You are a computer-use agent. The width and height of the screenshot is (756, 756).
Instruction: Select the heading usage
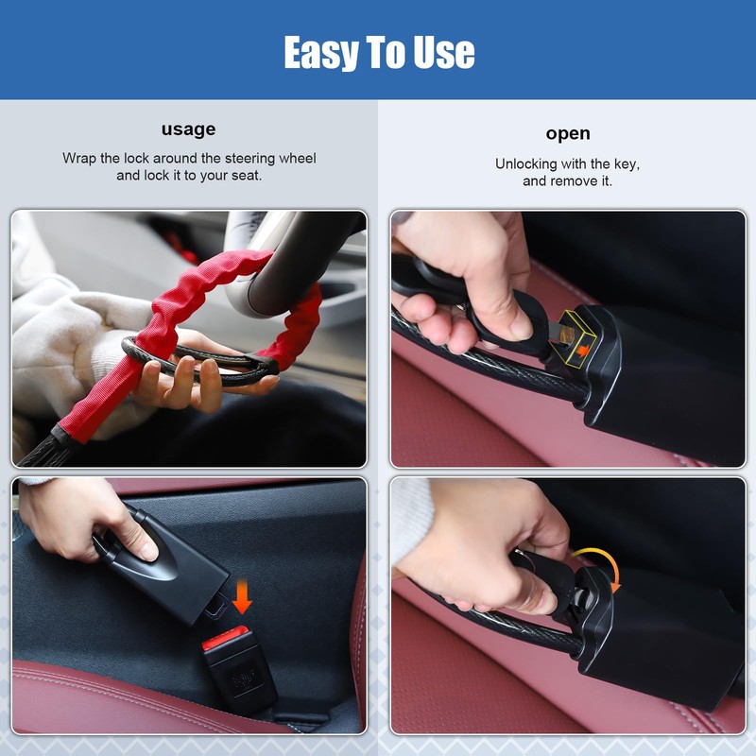[x=188, y=129]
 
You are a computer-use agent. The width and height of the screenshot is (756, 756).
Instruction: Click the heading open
[x=568, y=134]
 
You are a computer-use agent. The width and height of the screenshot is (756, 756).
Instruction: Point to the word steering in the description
[x=250, y=159]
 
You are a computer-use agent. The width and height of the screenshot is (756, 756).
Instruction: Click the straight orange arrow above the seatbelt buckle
[x=242, y=596]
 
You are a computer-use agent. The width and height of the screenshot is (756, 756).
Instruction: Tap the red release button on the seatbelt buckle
[x=225, y=636]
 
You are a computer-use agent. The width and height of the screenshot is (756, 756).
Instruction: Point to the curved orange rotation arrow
[x=603, y=564]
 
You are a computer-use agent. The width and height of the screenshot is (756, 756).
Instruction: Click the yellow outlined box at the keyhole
[x=576, y=337]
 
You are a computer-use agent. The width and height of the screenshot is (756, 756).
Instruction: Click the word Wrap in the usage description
[x=79, y=158]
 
